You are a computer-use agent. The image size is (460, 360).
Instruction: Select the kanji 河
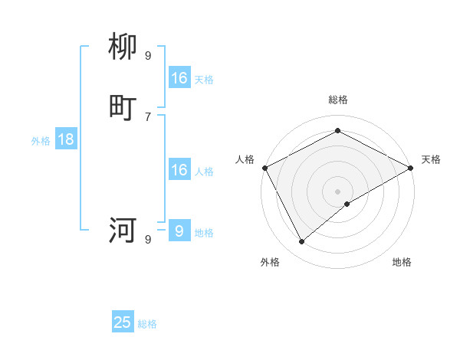coord(123,230)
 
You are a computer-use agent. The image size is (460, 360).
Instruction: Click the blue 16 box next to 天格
coord(179,78)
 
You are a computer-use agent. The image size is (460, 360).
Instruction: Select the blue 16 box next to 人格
coord(179,170)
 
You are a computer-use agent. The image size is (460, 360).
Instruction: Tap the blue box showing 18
coord(65,139)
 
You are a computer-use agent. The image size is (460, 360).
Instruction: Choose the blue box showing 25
coord(123,322)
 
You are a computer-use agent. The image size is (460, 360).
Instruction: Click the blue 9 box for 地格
coord(179,231)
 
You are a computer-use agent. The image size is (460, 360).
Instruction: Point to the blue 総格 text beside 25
coord(147,324)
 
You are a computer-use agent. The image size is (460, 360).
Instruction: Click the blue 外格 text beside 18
coord(41,141)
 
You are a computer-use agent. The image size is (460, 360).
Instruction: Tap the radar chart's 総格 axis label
coord(337,100)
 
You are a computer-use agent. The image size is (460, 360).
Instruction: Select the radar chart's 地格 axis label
coord(402,263)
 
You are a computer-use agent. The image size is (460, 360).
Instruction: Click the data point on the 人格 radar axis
coord(264,167)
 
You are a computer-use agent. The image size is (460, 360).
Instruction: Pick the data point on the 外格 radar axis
coord(302,242)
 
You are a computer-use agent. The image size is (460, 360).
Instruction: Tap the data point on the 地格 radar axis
coord(347,204)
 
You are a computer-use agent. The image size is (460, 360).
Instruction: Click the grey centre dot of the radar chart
coord(337,191)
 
